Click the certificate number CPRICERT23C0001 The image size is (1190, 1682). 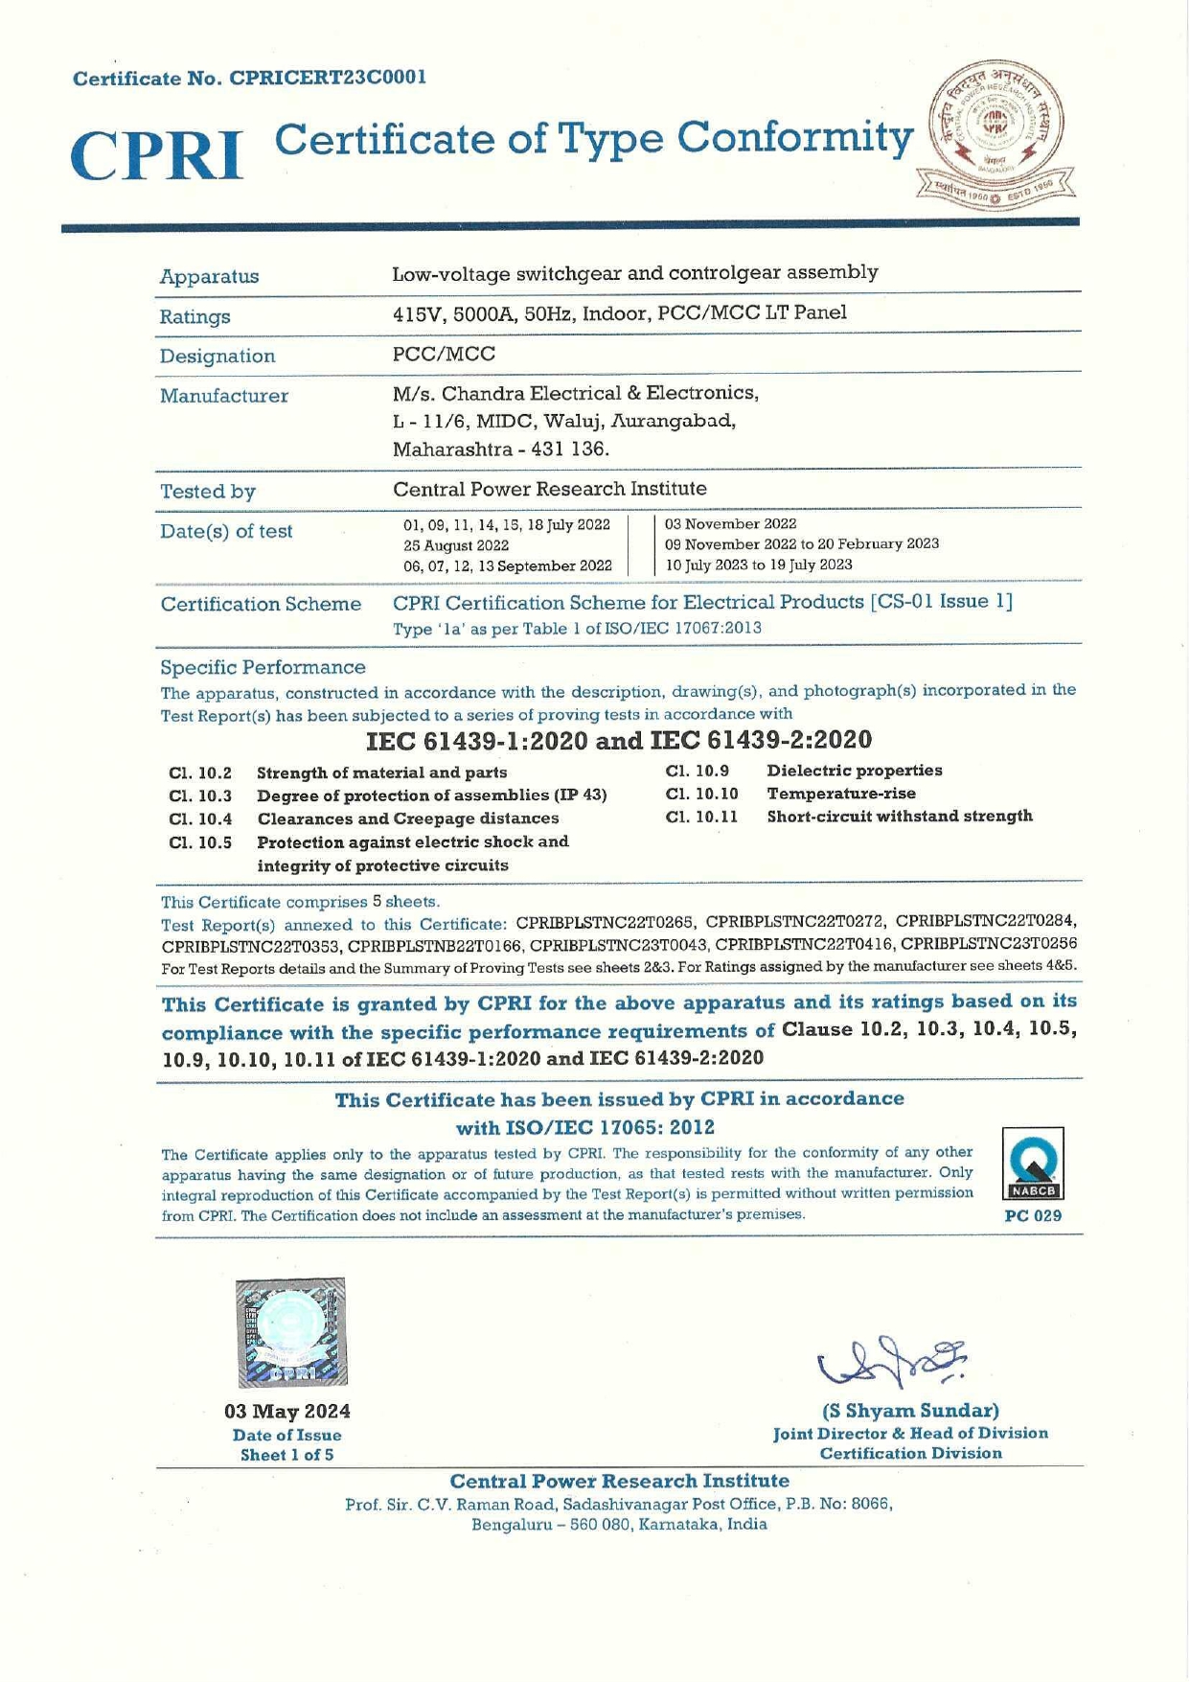click(x=327, y=78)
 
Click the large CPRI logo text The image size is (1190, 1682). click(x=156, y=155)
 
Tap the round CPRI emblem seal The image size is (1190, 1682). click(x=996, y=131)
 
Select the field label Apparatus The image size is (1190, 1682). click(x=209, y=277)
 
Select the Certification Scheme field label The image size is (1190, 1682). click(x=261, y=605)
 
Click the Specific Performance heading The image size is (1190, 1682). click(x=263, y=667)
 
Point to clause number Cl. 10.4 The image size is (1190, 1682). click(x=199, y=819)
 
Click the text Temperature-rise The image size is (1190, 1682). click(x=840, y=794)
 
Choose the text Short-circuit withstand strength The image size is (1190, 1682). click(x=899, y=817)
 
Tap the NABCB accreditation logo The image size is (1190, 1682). click(x=1033, y=1165)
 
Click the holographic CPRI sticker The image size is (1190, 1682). click(x=291, y=1332)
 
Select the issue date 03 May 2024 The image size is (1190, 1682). click(x=287, y=1411)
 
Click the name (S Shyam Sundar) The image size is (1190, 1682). click(x=910, y=1411)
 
